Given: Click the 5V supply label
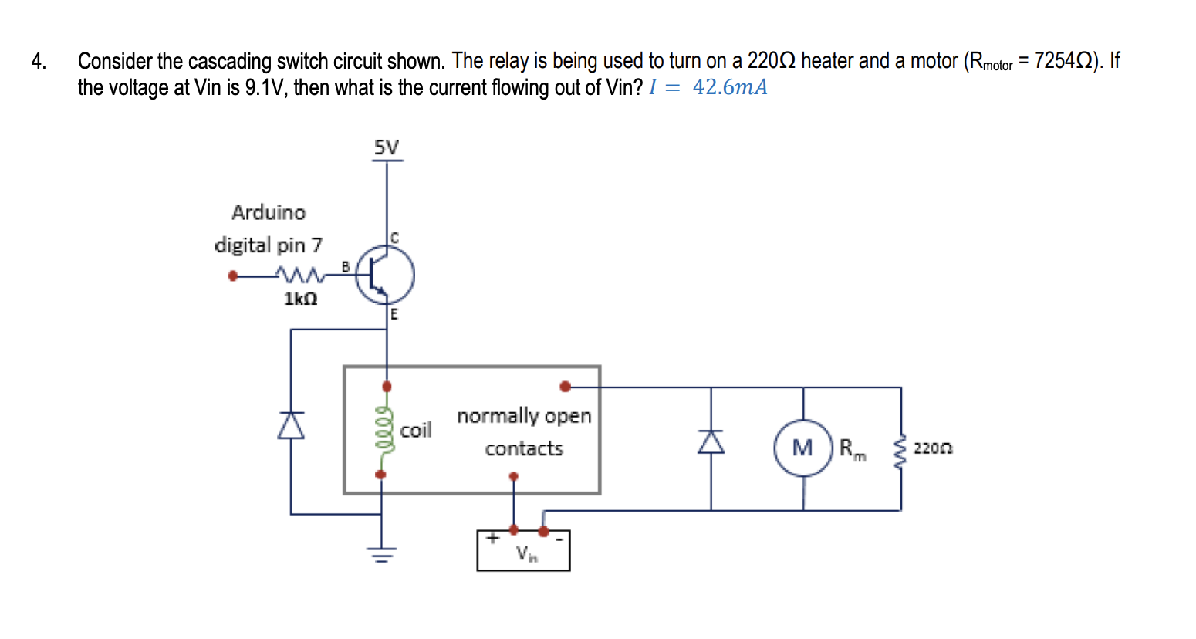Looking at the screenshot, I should pyautogui.click(x=387, y=147).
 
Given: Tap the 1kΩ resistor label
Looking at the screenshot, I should pyautogui.click(x=300, y=299).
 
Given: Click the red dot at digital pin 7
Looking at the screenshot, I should pyautogui.click(x=233, y=276).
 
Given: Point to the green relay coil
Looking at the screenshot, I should pyautogui.click(x=382, y=429).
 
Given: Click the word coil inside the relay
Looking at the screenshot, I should pyautogui.click(x=416, y=431).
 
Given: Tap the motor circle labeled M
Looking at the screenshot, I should pyautogui.click(x=803, y=448).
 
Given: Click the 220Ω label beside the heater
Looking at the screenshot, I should pyautogui.click(x=933, y=448).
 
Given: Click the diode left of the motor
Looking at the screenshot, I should pyautogui.click(x=711, y=441).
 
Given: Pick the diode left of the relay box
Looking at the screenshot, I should pyautogui.click(x=291, y=425).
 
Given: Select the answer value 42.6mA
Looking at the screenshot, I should pyautogui.click(x=730, y=87).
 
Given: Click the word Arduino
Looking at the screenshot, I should pyautogui.click(x=269, y=212).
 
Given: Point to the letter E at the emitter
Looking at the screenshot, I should pyautogui.click(x=394, y=314).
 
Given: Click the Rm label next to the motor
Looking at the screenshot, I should pyautogui.click(x=852, y=448).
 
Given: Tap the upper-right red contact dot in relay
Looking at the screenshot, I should pyautogui.click(x=565, y=386).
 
